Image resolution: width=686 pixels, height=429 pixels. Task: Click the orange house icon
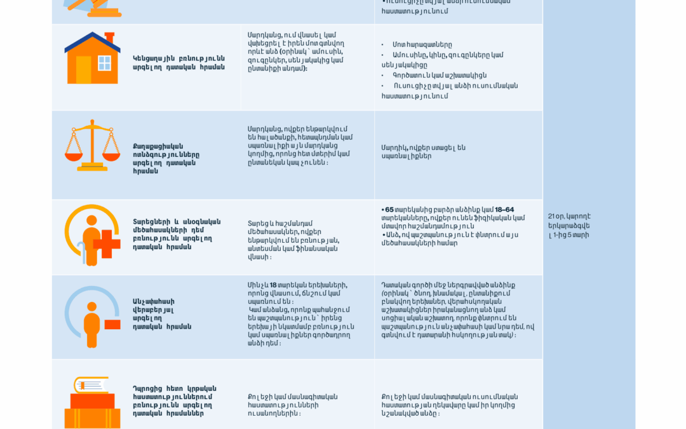(x=92, y=58)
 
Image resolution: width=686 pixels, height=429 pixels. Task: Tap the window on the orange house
(x=104, y=63)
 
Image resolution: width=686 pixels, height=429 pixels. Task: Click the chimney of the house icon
(x=109, y=37)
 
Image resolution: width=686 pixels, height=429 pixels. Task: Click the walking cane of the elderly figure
(x=80, y=253)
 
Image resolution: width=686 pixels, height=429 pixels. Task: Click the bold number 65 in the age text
(x=389, y=210)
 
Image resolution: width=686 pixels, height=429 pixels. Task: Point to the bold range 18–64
(x=504, y=210)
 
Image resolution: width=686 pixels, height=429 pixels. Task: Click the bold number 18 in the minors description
(x=273, y=285)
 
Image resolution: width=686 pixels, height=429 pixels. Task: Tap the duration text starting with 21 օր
(x=569, y=225)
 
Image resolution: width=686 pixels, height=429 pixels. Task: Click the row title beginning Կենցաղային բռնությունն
(x=178, y=62)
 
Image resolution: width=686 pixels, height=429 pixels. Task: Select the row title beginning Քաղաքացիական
(x=166, y=158)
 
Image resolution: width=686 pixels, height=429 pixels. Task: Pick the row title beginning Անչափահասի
(x=162, y=314)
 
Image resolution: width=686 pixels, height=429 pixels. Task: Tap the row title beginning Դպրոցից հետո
(x=174, y=400)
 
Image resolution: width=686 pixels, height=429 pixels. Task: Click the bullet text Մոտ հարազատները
(x=422, y=44)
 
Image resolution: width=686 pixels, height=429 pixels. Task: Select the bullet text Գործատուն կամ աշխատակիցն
(x=439, y=75)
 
